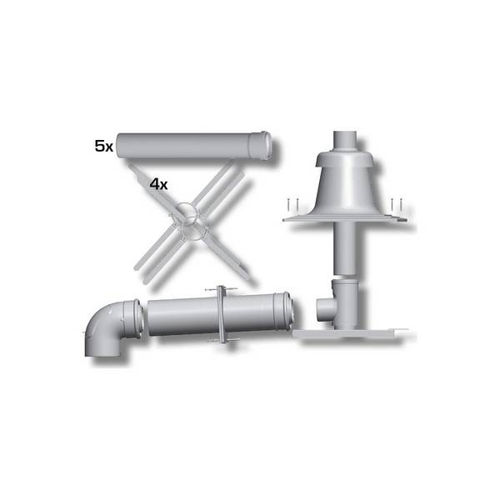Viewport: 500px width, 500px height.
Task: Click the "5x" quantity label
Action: point(104,147)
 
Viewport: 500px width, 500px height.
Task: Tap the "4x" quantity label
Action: point(159,184)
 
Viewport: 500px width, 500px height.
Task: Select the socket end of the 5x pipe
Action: point(261,146)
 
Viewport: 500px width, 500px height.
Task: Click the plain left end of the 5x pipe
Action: point(118,146)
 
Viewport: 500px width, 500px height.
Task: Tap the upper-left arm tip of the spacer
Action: point(132,167)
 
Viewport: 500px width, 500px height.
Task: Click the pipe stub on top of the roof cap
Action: point(345,141)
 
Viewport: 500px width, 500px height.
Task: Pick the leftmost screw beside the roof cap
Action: point(287,204)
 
